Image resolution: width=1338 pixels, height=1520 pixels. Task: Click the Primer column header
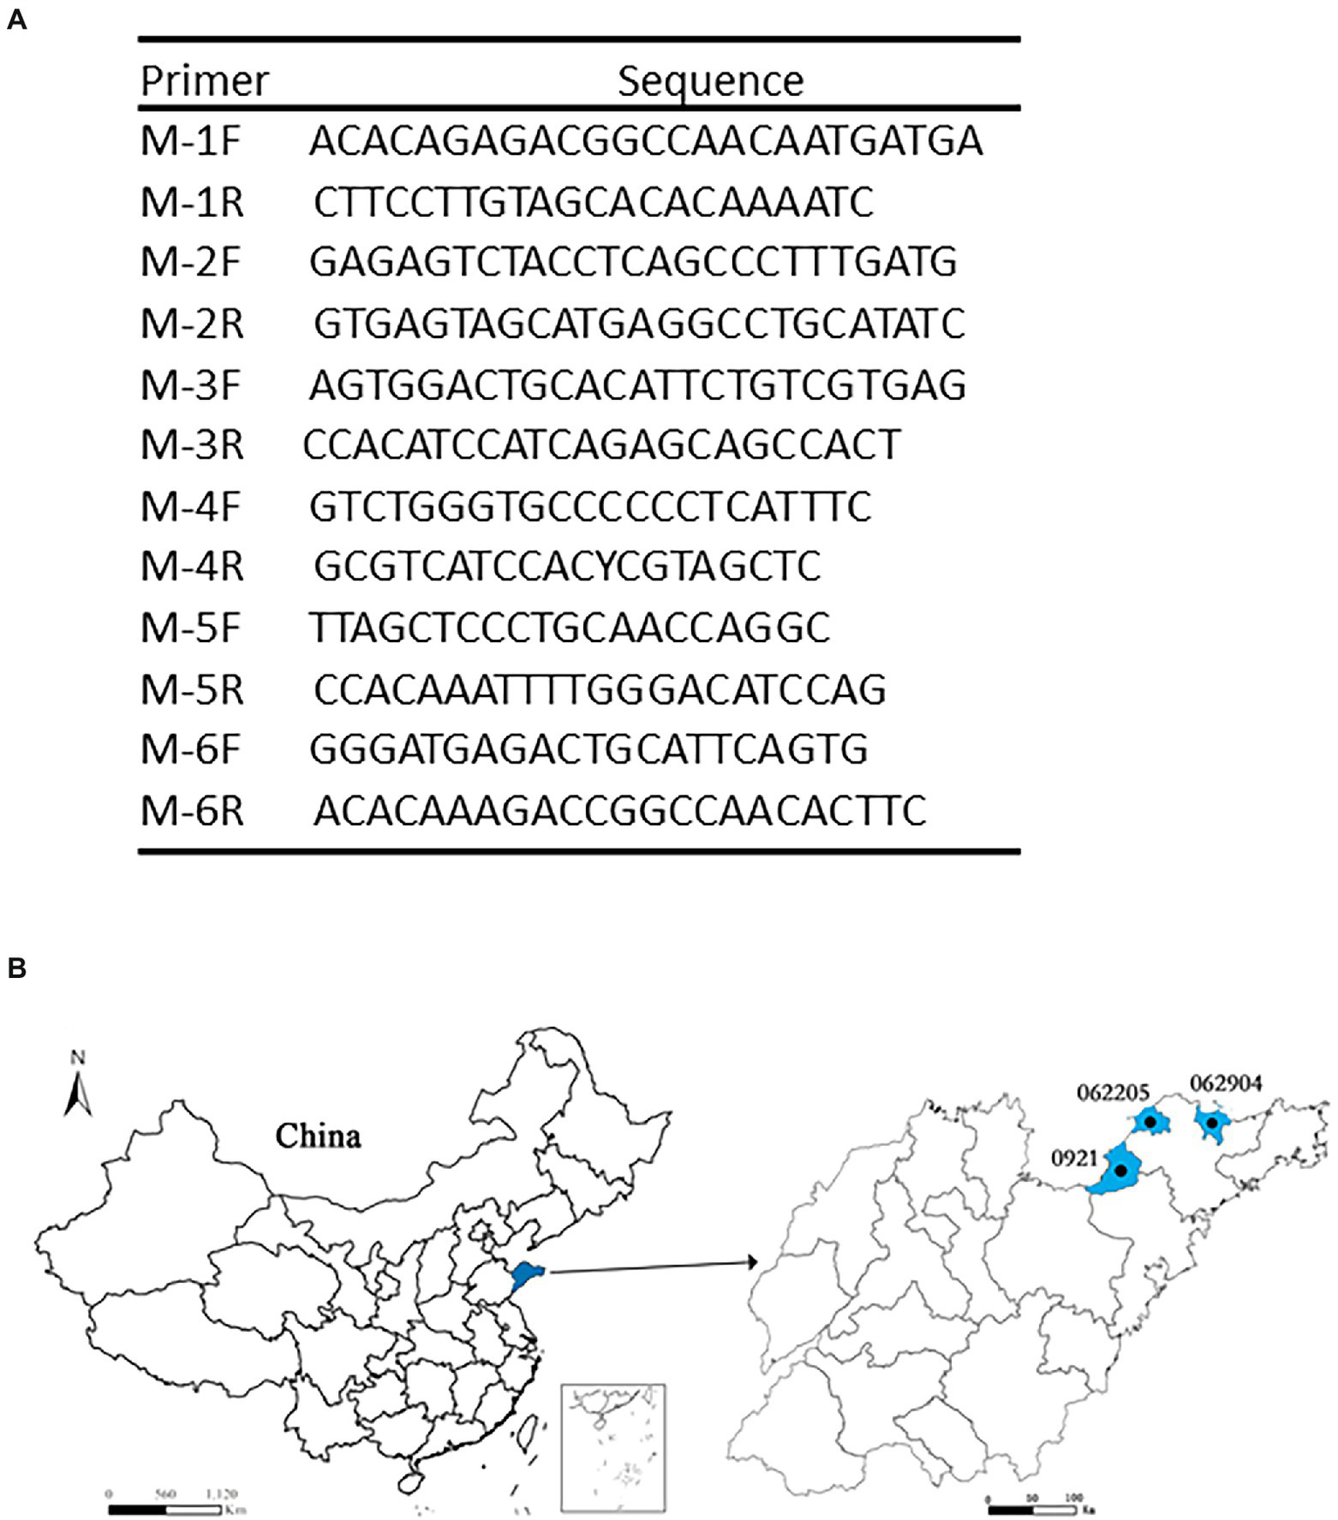204,81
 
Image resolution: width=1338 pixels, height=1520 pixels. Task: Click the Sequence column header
710,81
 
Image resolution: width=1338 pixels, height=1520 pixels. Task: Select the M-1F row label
190,141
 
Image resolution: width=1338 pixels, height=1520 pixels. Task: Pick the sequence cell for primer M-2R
639,323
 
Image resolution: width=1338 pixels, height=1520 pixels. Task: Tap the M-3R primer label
192,444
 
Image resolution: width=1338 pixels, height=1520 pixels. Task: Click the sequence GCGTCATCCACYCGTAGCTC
567,567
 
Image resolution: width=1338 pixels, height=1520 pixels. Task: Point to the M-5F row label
190,628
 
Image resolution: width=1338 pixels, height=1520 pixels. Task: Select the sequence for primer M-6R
619,811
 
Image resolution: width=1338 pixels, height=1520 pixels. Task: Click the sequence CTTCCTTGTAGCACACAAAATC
593,202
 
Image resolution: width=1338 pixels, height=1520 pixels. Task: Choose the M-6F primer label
190,750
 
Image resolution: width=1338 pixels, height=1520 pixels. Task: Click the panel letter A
17,19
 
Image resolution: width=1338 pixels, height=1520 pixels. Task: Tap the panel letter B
17,968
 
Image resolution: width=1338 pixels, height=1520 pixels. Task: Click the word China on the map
318,1136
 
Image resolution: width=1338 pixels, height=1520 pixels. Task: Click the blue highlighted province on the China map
527,1275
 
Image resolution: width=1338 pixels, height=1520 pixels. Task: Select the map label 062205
1113,1092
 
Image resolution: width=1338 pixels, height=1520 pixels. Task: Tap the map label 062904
1226,1083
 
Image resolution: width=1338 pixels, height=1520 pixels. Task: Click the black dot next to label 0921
1121,1171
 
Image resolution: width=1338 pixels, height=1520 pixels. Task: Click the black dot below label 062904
1212,1123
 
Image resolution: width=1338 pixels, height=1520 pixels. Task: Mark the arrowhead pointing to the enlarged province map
751,1262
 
